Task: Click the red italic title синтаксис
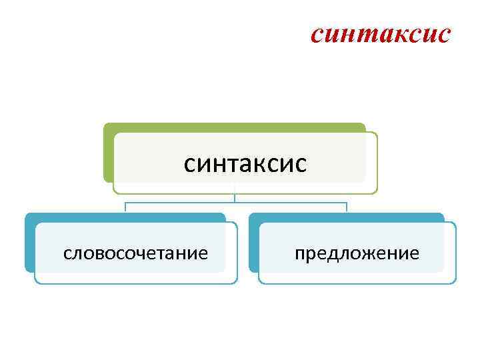coord(381,34)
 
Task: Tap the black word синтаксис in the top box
coord(245,163)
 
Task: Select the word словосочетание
coord(135,253)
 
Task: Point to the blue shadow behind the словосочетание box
coord(29,243)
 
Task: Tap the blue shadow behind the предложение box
coord(253,243)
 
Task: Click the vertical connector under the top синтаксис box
coord(235,197)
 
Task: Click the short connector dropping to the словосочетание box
coord(125,207)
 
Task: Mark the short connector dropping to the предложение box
coord(347,207)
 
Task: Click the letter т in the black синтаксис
coord(231,163)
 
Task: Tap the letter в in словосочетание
coord(95,253)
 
